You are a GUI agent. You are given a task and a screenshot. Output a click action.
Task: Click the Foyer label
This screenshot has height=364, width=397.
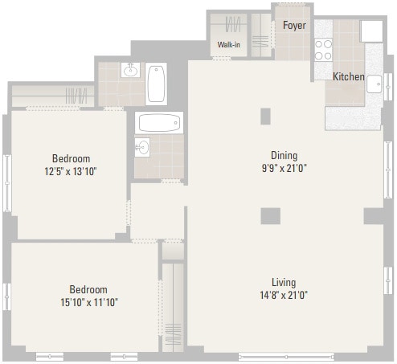[293, 25]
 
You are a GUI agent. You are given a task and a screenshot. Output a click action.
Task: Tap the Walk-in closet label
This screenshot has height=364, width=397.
[228, 45]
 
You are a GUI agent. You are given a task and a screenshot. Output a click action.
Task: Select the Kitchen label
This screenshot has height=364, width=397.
[349, 77]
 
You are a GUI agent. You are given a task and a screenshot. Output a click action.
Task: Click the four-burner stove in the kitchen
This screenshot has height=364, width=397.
[323, 51]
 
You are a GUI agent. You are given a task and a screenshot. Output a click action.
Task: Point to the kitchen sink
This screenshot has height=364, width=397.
[374, 84]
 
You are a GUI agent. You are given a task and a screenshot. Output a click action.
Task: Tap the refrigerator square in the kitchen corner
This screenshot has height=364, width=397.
[371, 31]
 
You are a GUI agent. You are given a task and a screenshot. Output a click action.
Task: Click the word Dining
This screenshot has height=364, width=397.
[284, 155]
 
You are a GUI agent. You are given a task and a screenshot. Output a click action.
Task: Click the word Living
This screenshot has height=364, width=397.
[284, 282]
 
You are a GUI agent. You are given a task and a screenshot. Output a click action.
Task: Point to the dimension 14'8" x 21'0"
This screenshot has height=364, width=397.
[284, 294]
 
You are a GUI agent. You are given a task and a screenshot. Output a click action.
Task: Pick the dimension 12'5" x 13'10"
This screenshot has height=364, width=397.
[71, 171]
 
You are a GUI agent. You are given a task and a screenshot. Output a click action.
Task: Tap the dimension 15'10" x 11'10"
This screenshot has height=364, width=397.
[88, 302]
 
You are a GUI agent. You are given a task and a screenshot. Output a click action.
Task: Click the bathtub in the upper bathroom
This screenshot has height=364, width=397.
[157, 83]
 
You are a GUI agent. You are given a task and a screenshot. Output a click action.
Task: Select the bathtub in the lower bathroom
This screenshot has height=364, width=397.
[159, 123]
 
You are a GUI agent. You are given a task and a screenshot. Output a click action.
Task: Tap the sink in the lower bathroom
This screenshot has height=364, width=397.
[143, 147]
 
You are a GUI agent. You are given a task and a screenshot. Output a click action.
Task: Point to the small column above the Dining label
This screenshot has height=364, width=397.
[266, 116]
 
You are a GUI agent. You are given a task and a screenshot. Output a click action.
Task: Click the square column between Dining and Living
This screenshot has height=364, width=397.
[270, 215]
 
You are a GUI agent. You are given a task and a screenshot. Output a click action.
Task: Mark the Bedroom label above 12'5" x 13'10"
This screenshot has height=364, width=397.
[71, 158]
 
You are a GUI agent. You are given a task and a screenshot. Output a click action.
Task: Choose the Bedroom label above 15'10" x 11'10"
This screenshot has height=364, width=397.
[88, 289]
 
